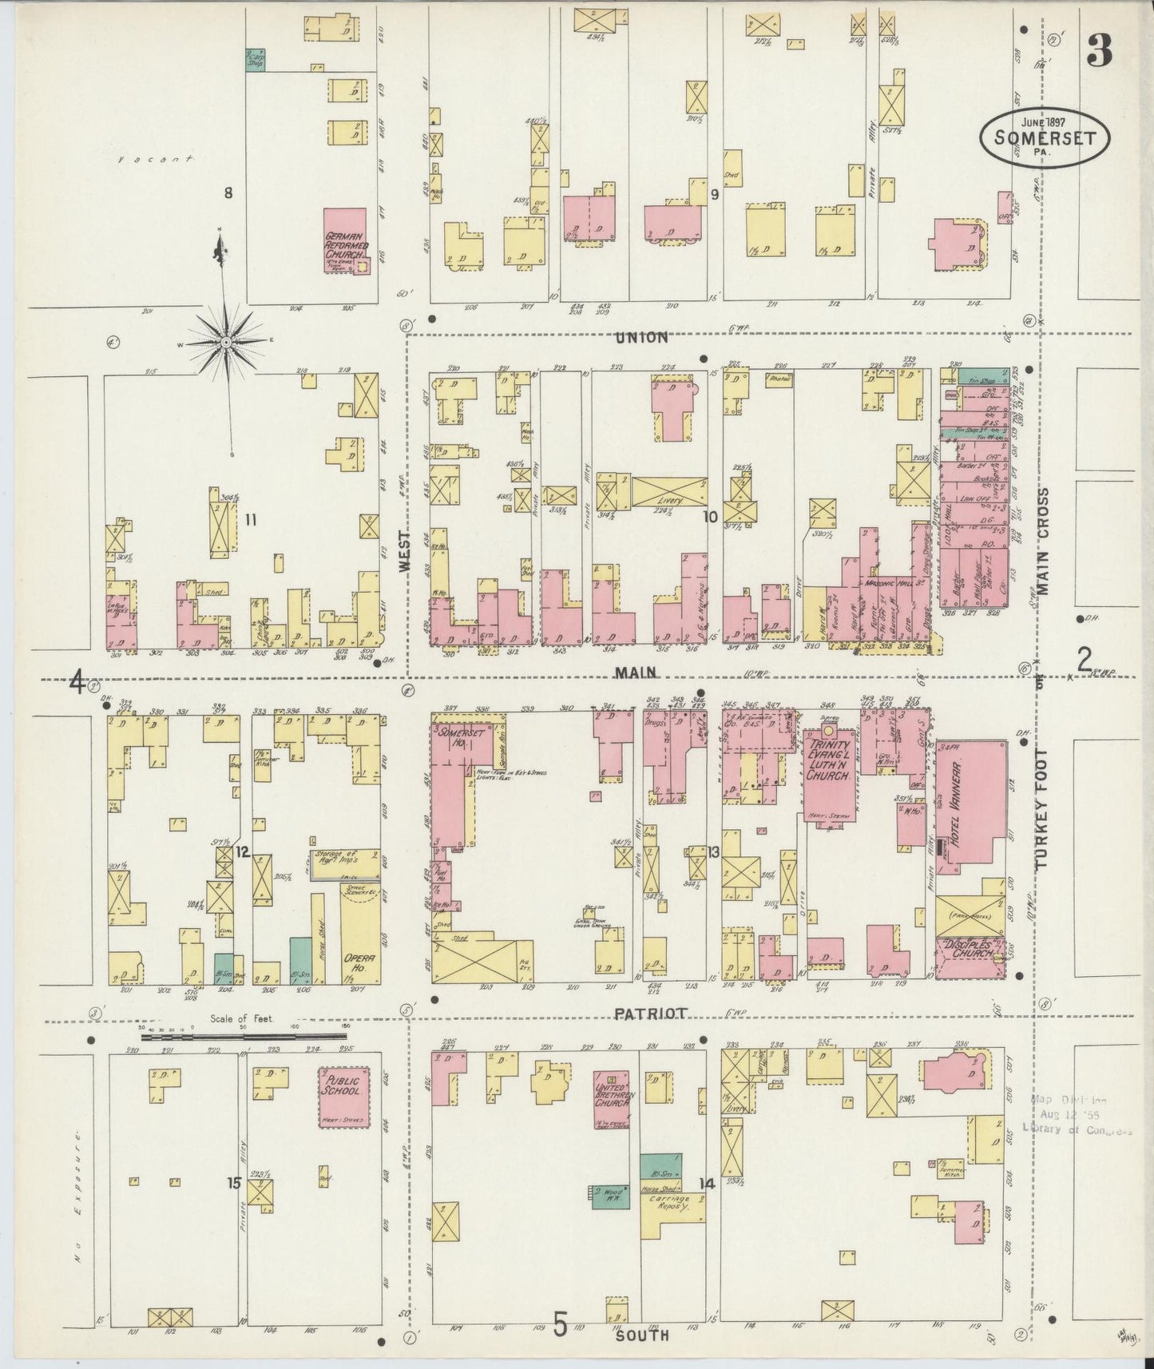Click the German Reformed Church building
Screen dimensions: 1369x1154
point(345,240)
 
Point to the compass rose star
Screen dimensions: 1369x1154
point(226,342)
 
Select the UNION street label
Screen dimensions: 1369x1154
point(641,338)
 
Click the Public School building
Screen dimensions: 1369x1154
point(344,1096)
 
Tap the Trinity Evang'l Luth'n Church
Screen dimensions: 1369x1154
point(831,767)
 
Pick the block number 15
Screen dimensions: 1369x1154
point(233,1183)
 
